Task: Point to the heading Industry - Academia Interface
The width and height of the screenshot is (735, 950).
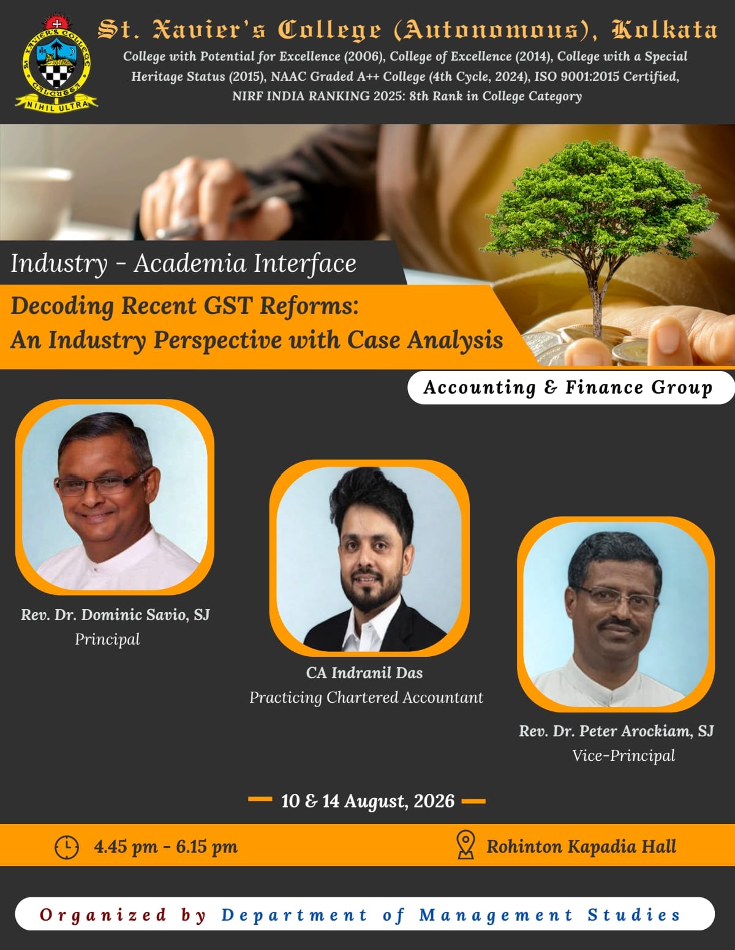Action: coord(183,264)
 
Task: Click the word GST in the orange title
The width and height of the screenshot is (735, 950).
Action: coord(228,305)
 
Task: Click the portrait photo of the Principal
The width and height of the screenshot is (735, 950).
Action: coord(115,497)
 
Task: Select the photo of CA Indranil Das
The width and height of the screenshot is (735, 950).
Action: coord(369,558)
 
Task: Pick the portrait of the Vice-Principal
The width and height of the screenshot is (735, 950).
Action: coord(616,614)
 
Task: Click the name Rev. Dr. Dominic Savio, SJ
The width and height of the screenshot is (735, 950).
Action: coord(115,615)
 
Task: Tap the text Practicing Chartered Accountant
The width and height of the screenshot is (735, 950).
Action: coord(366,697)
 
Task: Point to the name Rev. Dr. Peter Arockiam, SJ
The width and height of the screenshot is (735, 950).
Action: coord(617,731)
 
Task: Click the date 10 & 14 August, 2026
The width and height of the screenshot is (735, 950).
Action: coord(367,801)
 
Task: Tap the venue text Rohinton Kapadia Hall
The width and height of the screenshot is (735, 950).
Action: coord(581,846)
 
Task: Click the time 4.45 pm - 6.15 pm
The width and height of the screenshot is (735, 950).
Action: coord(166,847)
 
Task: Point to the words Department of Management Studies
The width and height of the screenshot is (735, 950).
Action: coord(451,914)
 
